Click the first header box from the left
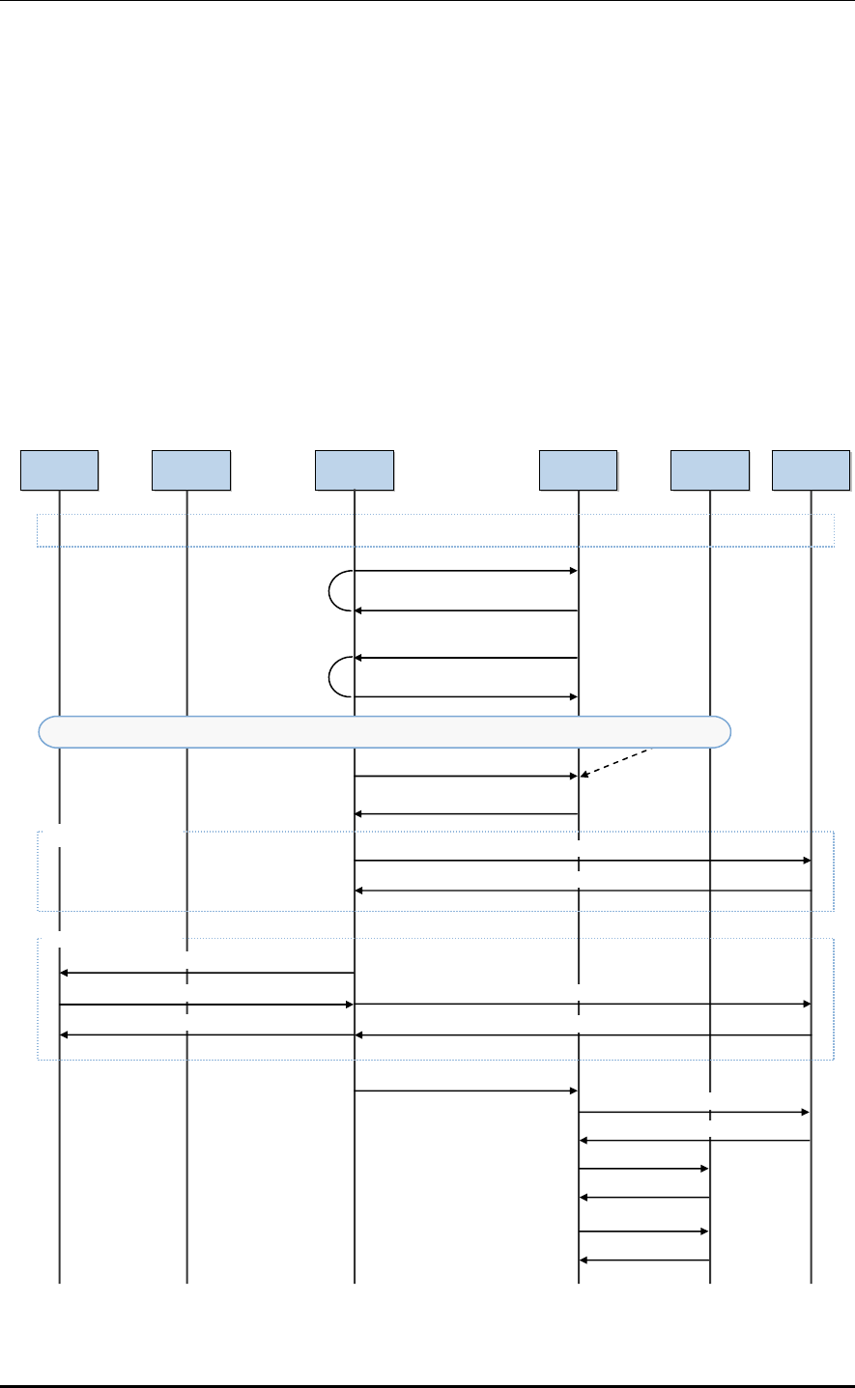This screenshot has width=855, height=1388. (x=59, y=469)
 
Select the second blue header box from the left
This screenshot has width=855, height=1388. (x=190, y=469)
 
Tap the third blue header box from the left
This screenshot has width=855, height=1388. (x=355, y=469)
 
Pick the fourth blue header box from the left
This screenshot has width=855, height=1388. (x=578, y=469)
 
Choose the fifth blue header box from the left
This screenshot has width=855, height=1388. (x=710, y=469)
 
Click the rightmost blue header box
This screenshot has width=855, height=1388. (x=811, y=469)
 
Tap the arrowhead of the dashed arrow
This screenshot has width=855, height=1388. (x=583, y=775)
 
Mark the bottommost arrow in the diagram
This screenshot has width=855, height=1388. (x=644, y=1261)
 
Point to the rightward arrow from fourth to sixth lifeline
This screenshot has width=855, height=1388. (x=694, y=1113)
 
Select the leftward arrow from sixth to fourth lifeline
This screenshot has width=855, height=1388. (x=694, y=1142)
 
